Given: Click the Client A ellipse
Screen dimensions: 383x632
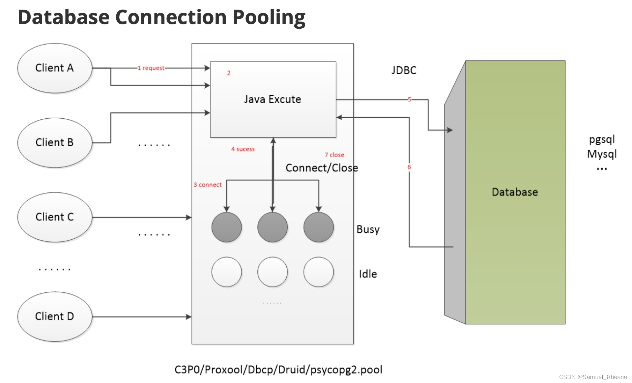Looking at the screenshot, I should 55,68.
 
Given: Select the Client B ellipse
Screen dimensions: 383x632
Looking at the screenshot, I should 55,143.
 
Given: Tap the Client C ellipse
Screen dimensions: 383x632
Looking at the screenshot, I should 55,217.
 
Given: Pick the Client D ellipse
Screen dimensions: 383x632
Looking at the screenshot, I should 55,316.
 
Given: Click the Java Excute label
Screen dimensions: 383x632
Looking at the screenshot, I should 273,99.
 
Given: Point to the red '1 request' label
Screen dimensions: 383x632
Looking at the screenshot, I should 151,68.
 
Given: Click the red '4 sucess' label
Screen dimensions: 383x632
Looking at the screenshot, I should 243,149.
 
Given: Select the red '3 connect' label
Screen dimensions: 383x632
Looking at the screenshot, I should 208,185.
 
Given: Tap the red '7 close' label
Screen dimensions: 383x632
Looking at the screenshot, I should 334,155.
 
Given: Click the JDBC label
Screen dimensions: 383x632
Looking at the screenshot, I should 404,70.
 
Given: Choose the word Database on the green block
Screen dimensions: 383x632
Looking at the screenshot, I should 515,192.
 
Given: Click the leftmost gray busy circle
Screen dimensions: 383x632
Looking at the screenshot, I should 226,227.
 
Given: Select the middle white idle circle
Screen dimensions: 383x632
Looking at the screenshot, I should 273,272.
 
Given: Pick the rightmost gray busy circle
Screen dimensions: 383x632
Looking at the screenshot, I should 318,227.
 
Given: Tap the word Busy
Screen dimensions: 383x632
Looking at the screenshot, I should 368,229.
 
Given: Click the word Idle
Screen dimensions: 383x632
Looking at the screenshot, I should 368,274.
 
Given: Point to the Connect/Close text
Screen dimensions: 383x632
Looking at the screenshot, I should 322,168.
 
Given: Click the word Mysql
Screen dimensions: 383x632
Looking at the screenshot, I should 602,154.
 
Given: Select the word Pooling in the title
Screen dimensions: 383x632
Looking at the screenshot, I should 269,17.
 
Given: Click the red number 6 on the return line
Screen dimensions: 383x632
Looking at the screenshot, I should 409,167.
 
